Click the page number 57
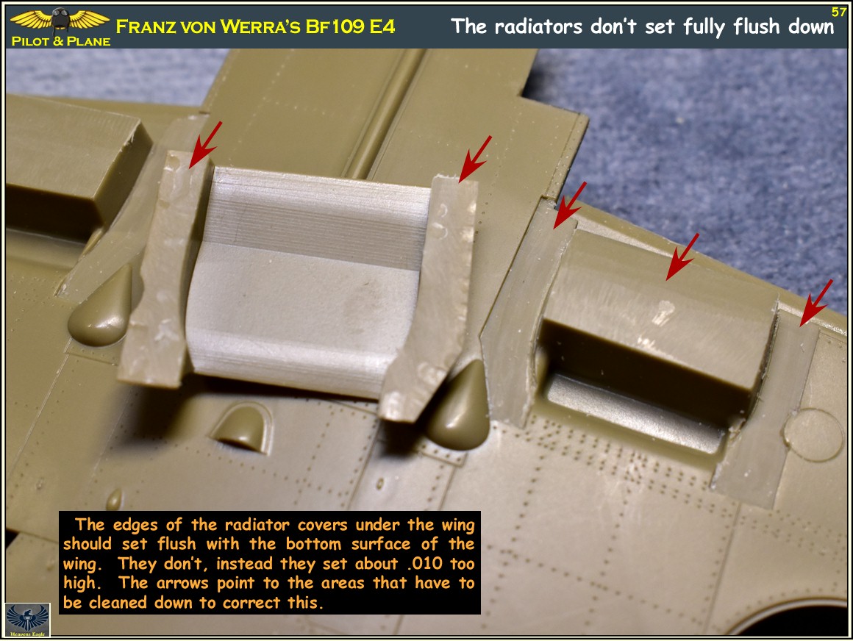(x=838, y=12)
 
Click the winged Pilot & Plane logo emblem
(x=60, y=20)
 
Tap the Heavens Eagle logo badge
(x=28, y=620)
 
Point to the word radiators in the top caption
(x=538, y=26)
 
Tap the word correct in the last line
(x=252, y=603)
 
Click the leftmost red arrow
(x=205, y=144)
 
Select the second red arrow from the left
(x=475, y=158)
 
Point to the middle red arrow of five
(x=570, y=205)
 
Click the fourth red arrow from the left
(x=682, y=257)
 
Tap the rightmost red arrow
(x=816, y=303)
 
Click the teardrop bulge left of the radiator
(x=101, y=307)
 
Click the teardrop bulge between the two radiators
(x=459, y=405)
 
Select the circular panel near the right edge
(x=813, y=435)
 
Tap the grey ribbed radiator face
(x=307, y=280)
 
